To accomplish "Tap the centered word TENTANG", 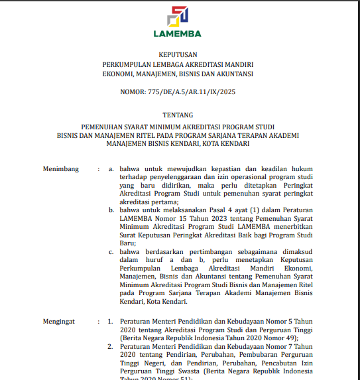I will click(178, 115).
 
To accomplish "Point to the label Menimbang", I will click(61, 169).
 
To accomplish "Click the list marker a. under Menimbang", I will click(111, 169).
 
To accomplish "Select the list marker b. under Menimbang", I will click(111, 210).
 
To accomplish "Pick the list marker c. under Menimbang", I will click(111, 252).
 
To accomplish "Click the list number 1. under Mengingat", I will click(111, 321).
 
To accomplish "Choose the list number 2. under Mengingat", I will click(111, 346).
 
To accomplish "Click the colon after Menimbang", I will click(98, 169).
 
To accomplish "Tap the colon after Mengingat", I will click(98, 321).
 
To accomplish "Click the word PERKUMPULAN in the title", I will click(128, 64).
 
